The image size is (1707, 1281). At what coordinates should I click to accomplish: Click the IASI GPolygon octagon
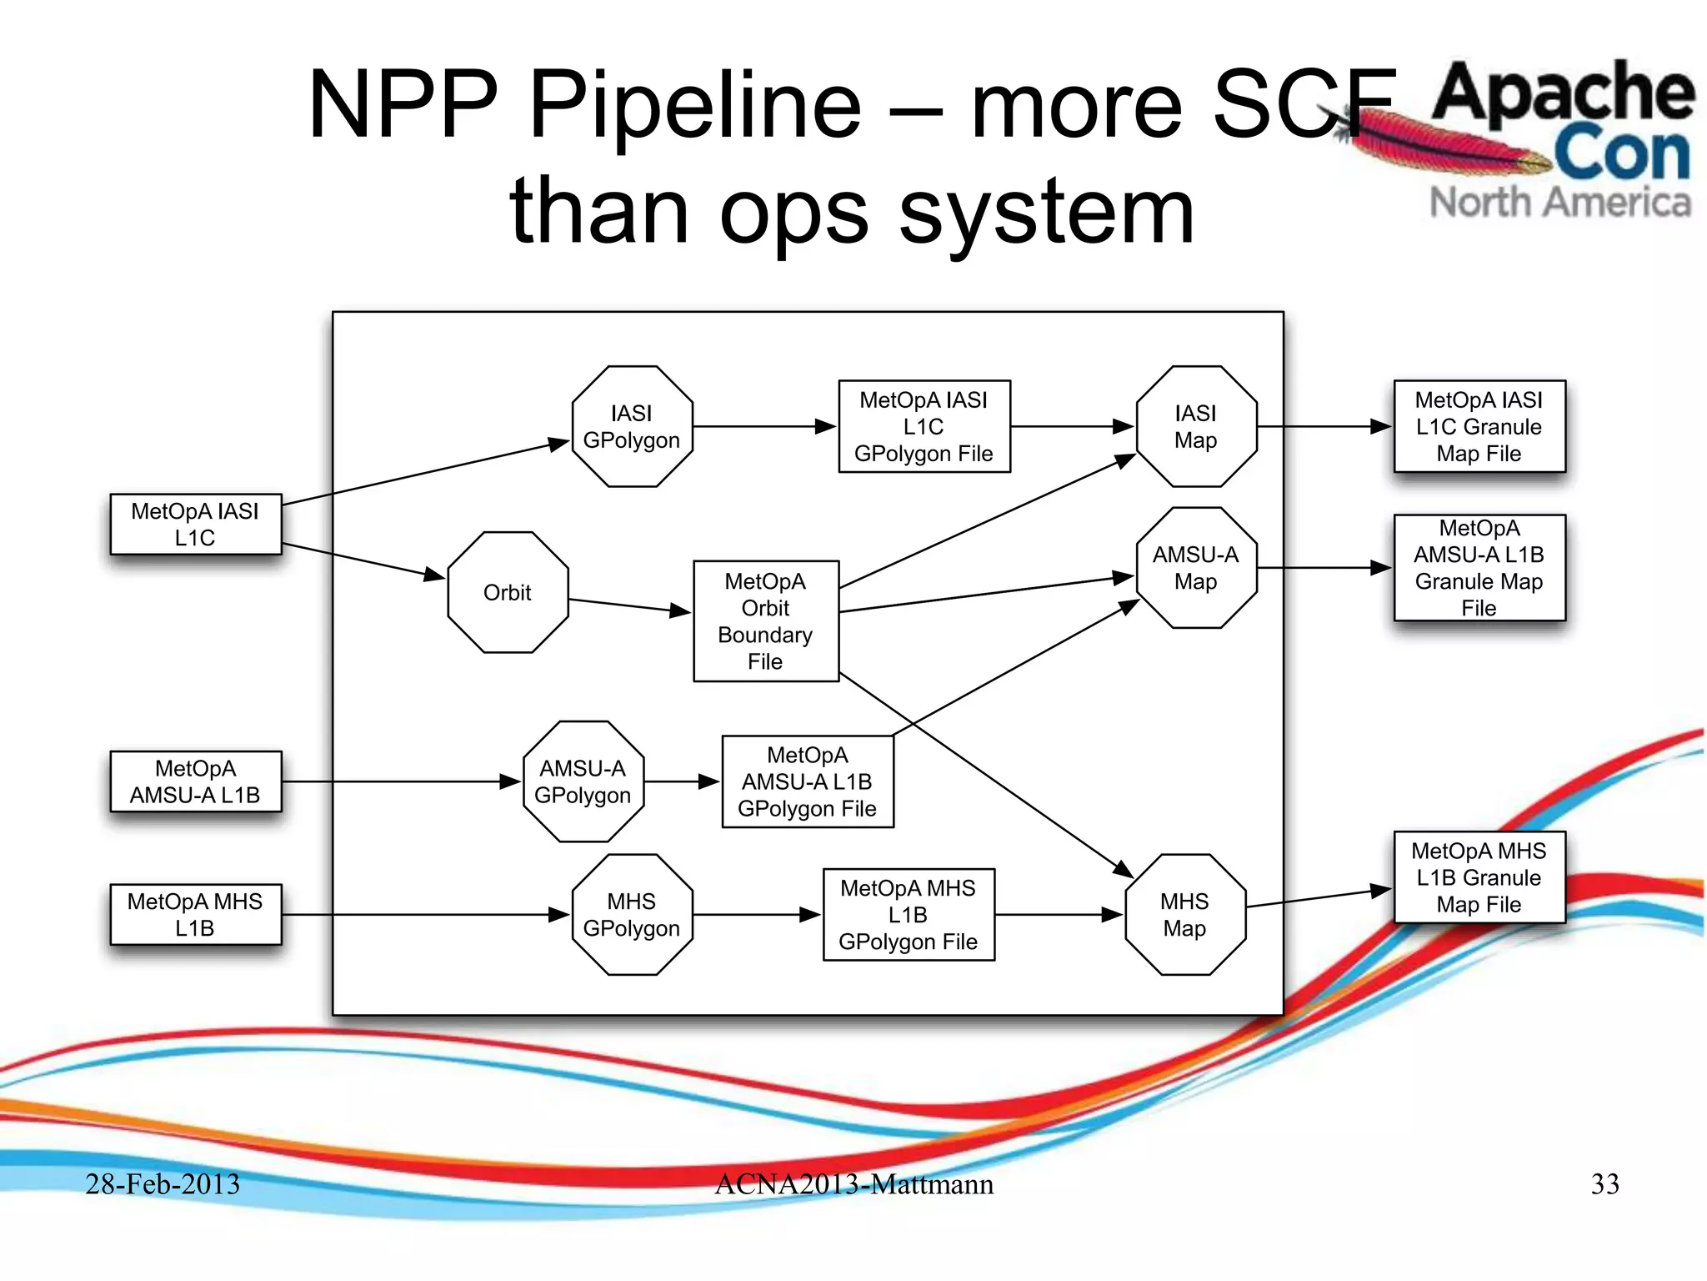tap(632, 426)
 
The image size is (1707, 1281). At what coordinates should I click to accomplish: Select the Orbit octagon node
tap(508, 592)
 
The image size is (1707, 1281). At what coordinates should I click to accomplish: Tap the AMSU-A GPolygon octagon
tap(583, 781)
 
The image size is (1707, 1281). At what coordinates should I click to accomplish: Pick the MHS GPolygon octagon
tap(632, 914)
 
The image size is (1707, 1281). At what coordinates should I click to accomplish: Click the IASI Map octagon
tap(1195, 426)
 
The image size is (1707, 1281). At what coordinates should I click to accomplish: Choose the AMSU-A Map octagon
tap(1195, 568)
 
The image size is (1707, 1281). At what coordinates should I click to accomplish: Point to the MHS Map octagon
tap(1184, 914)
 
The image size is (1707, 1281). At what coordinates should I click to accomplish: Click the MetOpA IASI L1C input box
tap(196, 525)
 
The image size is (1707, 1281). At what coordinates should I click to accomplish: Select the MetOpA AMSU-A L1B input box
tap(196, 781)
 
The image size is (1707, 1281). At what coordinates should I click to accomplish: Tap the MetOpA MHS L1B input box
tap(196, 914)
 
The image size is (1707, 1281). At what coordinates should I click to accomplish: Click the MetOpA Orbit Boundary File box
tap(765, 621)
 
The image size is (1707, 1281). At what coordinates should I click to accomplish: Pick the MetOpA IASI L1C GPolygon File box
tap(924, 426)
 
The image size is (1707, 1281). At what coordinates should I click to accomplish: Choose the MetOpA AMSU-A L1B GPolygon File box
tap(807, 781)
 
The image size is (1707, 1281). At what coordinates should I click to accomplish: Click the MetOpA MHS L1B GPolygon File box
tap(908, 914)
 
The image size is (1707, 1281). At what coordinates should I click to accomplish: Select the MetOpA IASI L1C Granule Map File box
tap(1479, 426)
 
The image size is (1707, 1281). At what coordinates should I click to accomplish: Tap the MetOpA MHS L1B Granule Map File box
tap(1479, 877)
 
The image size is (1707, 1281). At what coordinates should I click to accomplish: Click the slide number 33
tap(1604, 1183)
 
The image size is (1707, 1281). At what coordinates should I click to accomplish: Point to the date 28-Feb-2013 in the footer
tap(163, 1183)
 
